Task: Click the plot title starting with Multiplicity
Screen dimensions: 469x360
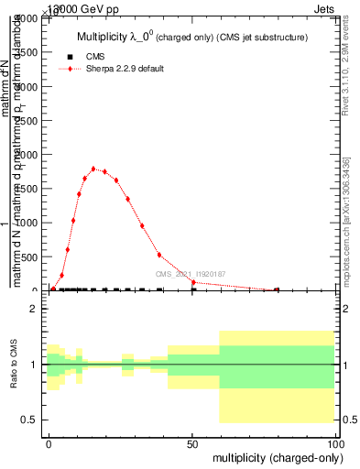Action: click(x=191, y=37)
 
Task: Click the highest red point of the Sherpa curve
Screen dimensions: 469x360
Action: click(x=93, y=169)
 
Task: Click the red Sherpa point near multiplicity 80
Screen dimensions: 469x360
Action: click(x=277, y=289)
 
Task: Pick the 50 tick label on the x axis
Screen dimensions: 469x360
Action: click(x=192, y=442)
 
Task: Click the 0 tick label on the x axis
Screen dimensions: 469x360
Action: click(x=49, y=442)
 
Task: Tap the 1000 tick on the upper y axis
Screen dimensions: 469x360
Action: click(x=27, y=223)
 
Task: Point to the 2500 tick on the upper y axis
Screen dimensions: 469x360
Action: click(x=27, y=121)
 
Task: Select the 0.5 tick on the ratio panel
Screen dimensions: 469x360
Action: click(x=30, y=420)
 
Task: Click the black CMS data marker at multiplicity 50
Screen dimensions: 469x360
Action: click(x=193, y=290)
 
